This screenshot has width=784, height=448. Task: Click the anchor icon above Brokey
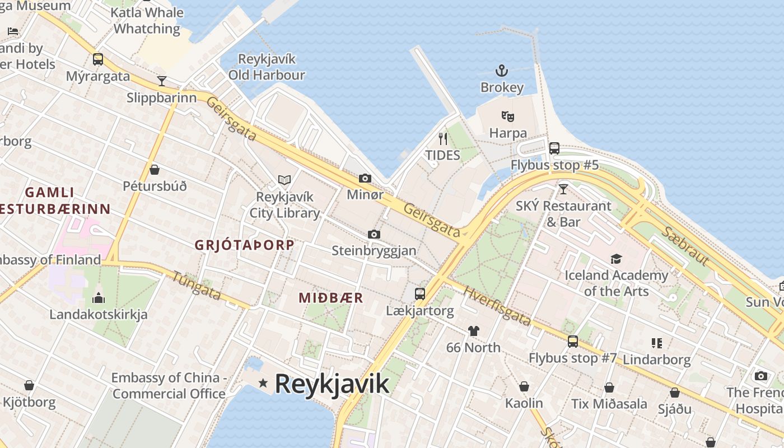coord(502,71)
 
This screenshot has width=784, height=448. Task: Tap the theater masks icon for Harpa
coord(508,116)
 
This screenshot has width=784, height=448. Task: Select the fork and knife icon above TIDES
coord(443,138)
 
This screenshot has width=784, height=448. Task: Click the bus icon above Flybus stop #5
coord(554,148)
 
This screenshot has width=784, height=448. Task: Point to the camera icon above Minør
coord(365,178)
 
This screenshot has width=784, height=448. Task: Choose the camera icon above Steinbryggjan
coord(374,234)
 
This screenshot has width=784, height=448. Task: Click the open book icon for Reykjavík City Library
coord(284,180)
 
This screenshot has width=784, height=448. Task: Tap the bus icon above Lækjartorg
coord(419,293)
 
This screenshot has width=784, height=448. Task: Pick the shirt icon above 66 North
coord(474,331)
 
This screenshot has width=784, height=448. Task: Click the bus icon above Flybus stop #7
coord(573,341)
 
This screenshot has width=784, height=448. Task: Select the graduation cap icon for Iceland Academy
coord(616,259)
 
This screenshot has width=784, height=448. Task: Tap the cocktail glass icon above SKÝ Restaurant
coord(563,189)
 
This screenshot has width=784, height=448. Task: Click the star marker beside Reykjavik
coord(263,383)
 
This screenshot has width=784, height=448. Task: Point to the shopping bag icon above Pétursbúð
coord(155,170)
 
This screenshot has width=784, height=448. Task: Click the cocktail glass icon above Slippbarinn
coord(162,81)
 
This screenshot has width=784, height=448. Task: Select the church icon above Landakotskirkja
coord(99,297)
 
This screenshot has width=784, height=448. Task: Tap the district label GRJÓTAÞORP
coord(244,245)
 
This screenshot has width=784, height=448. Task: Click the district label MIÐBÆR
coord(331,298)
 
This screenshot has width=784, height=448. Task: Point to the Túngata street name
coord(197,285)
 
